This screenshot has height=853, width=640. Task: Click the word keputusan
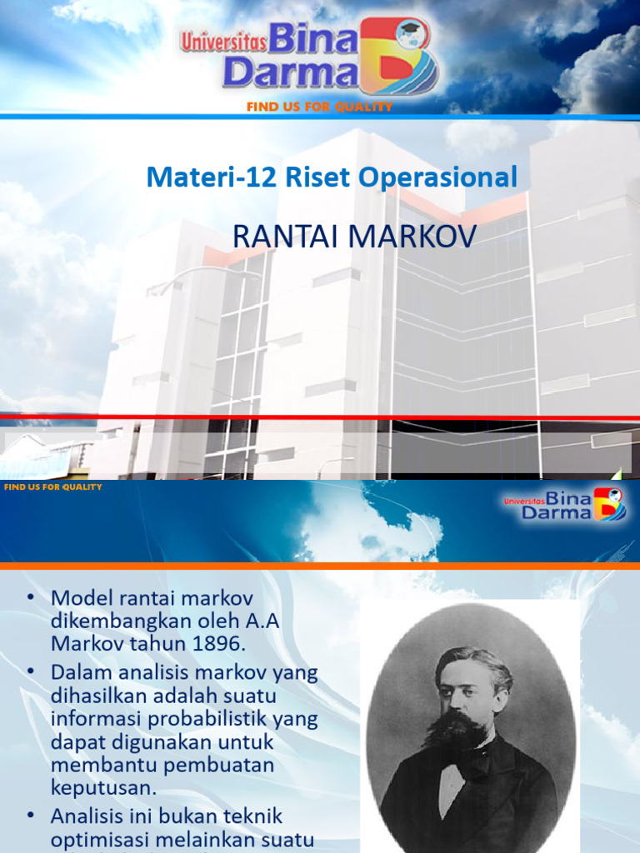pyautogui.click(x=104, y=787)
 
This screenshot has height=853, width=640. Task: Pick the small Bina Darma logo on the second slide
pyautogui.click(x=564, y=504)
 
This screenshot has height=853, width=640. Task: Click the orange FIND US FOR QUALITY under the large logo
pyautogui.click(x=319, y=107)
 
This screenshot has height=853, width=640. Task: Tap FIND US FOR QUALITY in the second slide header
pyautogui.click(x=53, y=486)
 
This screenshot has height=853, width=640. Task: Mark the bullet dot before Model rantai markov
pyautogui.click(x=32, y=598)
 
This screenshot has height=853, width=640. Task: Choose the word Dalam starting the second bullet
pyautogui.click(x=79, y=671)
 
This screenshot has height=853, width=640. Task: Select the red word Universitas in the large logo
pyautogui.click(x=220, y=42)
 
